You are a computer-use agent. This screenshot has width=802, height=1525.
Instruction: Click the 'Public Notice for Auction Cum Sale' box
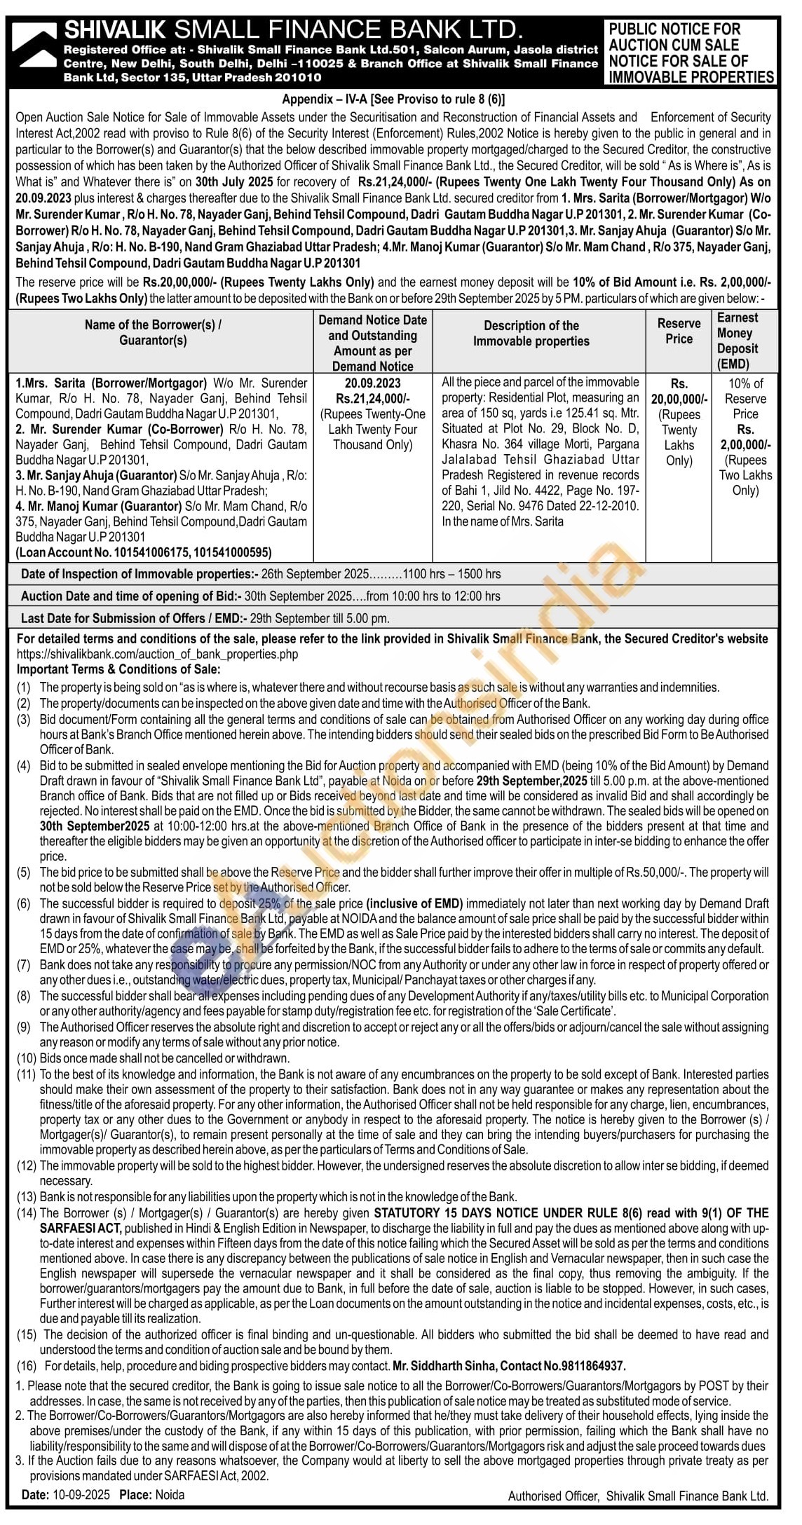tap(691, 53)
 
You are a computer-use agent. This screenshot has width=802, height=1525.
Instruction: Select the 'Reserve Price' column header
tap(679, 331)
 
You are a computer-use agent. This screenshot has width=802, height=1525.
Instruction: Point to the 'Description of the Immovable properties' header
tap(531, 334)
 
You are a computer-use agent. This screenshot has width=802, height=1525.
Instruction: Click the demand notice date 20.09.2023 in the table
tap(372, 383)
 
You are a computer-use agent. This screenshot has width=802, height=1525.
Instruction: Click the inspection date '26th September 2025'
tap(315, 574)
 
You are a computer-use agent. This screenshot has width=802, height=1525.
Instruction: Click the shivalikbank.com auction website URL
tap(157, 654)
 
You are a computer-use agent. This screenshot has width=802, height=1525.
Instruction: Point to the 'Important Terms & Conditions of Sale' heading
tap(118, 669)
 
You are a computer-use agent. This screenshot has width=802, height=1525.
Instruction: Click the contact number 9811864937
tap(591, 1366)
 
